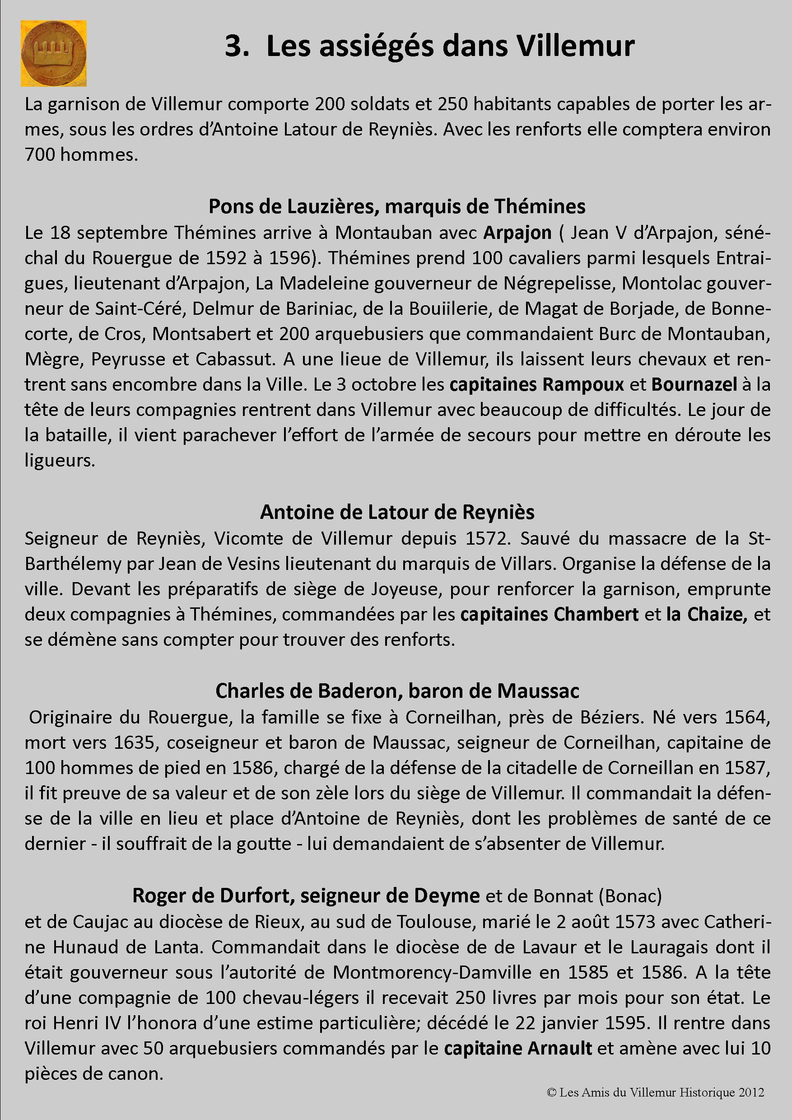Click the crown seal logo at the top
pyautogui.click(x=54, y=53)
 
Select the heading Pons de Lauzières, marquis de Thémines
pyautogui.click(x=397, y=207)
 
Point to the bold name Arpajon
pyautogui.click(x=517, y=233)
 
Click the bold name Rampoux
pyautogui.click(x=583, y=385)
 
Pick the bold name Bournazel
pyautogui.click(x=694, y=385)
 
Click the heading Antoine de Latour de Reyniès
pyautogui.click(x=397, y=512)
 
